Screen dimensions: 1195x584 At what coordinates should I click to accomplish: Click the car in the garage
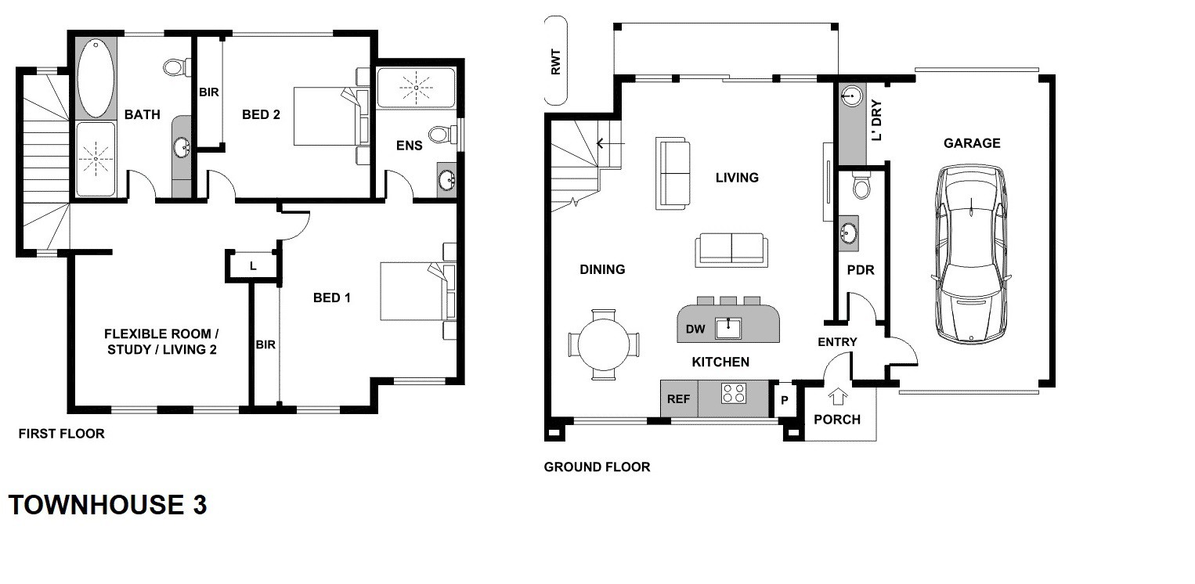(x=972, y=254)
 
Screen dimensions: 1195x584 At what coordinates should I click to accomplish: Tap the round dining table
(x=604, y=344)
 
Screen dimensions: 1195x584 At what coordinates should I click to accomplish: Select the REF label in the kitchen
(x=678, y=399)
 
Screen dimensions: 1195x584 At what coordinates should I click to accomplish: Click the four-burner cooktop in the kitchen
(x=733, y=394)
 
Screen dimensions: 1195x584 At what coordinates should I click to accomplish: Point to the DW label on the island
(x=695, y=329)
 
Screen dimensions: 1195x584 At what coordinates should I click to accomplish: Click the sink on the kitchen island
(x=728, y=327)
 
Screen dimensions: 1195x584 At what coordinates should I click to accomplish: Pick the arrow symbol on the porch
(x=838, y=397)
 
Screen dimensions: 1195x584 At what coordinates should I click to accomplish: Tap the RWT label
(x=556, y=62)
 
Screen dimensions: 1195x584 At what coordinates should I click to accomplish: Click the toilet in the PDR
(x=861, y=185)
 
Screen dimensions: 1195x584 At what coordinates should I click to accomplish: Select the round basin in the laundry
(x=851, y=96)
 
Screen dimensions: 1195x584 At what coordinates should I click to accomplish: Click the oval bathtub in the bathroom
(x=96, y=77)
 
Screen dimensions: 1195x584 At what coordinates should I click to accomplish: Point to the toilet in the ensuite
(x=442, y=134)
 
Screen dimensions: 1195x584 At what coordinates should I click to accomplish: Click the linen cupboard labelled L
(x=253, y=265)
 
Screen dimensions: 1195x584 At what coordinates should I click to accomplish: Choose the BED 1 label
(x=331, y=297)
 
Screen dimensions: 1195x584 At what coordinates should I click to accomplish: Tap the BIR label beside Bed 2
(x=208, y=92)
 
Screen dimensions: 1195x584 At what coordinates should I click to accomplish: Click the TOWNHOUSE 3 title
(x=107, y=504)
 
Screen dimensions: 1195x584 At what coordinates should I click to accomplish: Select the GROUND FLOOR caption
(x=597, y=467)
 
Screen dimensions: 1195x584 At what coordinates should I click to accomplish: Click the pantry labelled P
(x=784, y=400)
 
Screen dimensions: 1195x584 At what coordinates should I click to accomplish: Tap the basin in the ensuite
(x=446, y=180)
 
